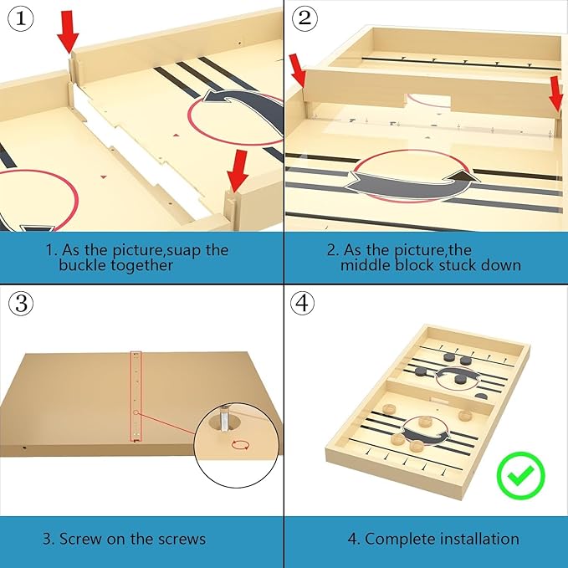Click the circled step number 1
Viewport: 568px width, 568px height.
pos(21,19)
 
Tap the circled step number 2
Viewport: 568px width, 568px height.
pos(304,18)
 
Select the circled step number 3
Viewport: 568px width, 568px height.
pos(21,303)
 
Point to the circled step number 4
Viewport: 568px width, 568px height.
pos(303,303)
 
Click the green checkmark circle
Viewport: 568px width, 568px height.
pos(520,475)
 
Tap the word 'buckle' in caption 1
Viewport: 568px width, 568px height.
pos(83,265)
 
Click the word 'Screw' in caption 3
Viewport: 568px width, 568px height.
pos(80,539)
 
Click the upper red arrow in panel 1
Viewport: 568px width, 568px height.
pos(68,32)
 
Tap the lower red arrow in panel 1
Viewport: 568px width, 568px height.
pos(238,171)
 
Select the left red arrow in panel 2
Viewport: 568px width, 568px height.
pos(298,71)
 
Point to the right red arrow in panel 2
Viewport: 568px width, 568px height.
pos(556,94)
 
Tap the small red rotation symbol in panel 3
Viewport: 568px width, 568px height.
pos(240,444)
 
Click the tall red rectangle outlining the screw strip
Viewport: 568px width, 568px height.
pos(136,397)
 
